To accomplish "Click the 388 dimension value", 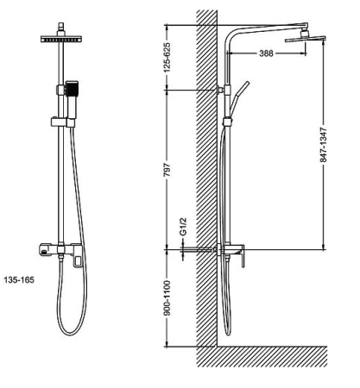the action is pos(266,53).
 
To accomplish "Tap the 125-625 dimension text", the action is pos(167,57).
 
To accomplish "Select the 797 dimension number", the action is pos(167,170).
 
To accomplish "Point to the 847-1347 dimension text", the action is pos(324,145).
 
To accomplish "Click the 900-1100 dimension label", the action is pos(167,298).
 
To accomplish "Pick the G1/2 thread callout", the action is pos(183,227).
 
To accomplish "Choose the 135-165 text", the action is pos(19,279).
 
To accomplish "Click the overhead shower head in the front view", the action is pos(61,39).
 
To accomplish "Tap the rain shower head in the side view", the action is pos(305,39).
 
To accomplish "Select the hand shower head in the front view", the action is pos(72,89).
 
